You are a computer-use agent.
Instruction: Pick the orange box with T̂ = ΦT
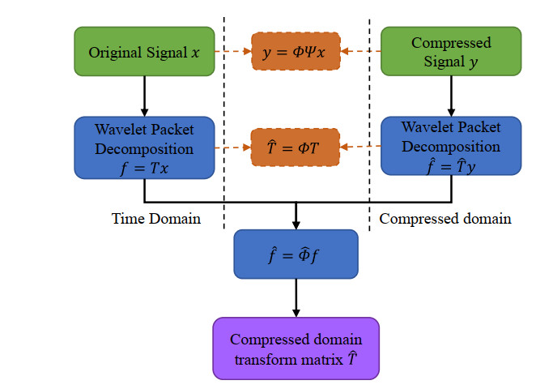point(296,147)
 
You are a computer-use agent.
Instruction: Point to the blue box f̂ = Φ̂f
point(296,254)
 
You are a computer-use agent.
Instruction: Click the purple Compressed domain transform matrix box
point(296,348)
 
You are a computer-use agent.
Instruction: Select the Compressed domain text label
point(445,218)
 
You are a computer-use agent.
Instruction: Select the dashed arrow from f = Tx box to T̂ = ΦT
point(234,147)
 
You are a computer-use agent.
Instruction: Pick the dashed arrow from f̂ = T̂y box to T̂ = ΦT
point(361,147)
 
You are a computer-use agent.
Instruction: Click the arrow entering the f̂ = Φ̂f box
point(296,216)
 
